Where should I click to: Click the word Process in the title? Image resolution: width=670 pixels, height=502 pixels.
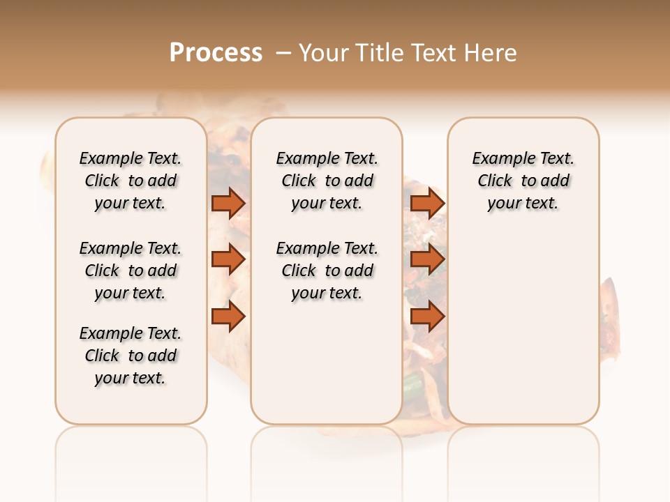click(x=216, y=53)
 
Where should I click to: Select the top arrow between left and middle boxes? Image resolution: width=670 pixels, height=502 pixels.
click(x=228, y=203)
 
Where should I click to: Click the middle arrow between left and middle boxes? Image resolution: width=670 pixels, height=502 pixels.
click(x=228, y=260)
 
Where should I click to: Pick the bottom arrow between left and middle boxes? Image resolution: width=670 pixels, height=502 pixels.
click(x=228, y=317)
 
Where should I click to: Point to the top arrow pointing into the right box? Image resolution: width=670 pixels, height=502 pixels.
click(x=427, y=203)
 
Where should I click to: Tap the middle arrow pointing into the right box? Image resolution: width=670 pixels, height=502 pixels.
click(x=427, y=260)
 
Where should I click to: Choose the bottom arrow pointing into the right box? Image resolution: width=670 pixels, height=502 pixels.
click(x=427, y=317)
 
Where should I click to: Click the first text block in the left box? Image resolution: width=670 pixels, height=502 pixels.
click(x=131, y=181)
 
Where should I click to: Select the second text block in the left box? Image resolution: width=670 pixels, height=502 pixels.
click(x=131, y=271)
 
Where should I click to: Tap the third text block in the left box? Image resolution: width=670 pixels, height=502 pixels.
click(x=131, y=356)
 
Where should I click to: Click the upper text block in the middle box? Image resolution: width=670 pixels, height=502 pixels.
click(x=327, y=181)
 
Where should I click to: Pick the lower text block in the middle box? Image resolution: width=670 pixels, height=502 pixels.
click(x=327, y=271)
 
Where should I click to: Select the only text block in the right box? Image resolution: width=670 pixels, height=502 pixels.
click(x=523, y=181)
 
